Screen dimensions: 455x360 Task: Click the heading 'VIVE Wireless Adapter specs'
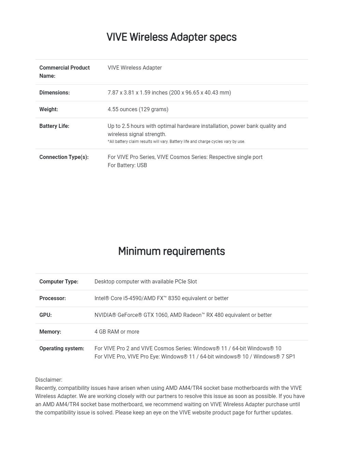171,37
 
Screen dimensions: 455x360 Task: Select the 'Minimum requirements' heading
171,251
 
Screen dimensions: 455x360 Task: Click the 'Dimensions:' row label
55,93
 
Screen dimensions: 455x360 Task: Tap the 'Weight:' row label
49,109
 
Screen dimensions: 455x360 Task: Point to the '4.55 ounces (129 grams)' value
138,109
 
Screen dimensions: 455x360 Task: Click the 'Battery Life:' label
54,126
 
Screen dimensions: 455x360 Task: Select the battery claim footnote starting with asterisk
176,142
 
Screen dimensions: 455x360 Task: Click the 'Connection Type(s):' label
64,157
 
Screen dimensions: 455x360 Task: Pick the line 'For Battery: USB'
127,165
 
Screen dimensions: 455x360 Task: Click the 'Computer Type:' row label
59,282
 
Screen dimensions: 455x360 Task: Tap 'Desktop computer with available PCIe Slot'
146,282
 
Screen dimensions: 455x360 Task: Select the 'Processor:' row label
52,298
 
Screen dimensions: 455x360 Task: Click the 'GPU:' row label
45,315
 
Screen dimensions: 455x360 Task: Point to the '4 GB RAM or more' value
117,332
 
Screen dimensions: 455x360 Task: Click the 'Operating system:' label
62,349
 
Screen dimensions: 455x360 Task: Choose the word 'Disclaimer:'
49,380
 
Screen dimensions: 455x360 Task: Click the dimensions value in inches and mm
169,93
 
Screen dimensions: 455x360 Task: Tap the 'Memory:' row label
50,332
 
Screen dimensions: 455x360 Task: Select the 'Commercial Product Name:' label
64,72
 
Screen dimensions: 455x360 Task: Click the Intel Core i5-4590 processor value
161,298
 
